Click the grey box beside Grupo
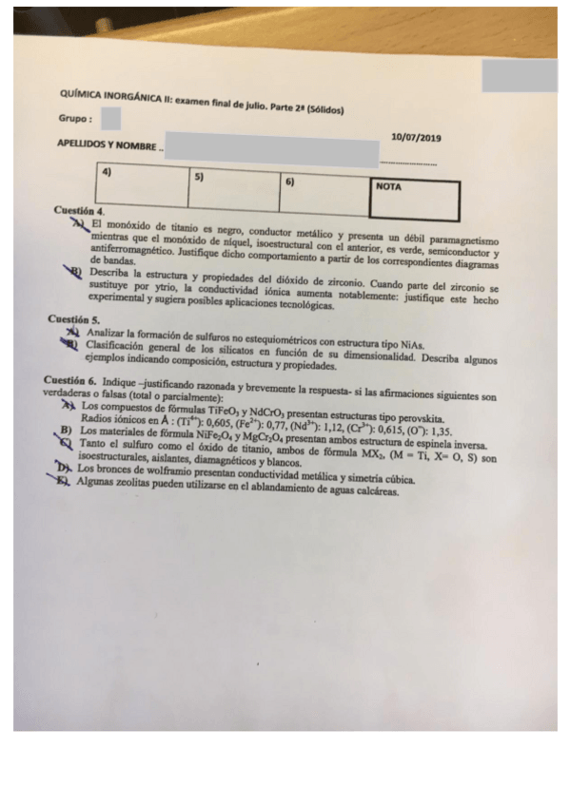(110, 119)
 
